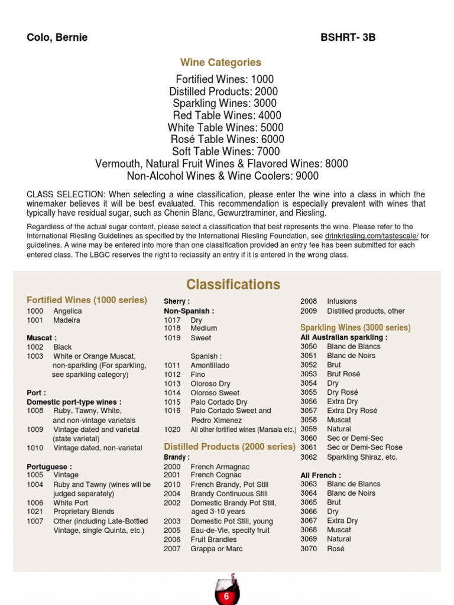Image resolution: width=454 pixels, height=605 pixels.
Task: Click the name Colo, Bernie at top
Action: [x=57, y=38]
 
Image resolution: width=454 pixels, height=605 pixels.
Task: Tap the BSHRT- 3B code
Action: [x=348, y=38]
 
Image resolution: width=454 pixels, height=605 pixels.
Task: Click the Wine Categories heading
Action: [x=220, y=62]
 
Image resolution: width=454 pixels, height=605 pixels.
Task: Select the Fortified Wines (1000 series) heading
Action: [x=87, y=300]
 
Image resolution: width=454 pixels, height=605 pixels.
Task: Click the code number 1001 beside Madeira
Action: [x=35, y=320]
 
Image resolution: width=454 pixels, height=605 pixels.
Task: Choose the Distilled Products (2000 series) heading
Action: [x=229, y=447]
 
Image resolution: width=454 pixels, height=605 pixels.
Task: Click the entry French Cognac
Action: [x=216, y=475]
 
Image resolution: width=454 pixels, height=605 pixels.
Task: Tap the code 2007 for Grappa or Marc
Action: [x=172, y=549]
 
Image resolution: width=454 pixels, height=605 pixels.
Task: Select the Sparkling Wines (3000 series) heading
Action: [x=355, y=327]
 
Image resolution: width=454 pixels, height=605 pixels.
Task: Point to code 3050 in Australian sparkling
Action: [x=309, y=346]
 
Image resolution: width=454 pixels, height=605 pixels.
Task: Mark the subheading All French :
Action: [x=320, y=475]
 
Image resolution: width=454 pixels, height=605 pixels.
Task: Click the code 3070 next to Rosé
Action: [x=309, y=548]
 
